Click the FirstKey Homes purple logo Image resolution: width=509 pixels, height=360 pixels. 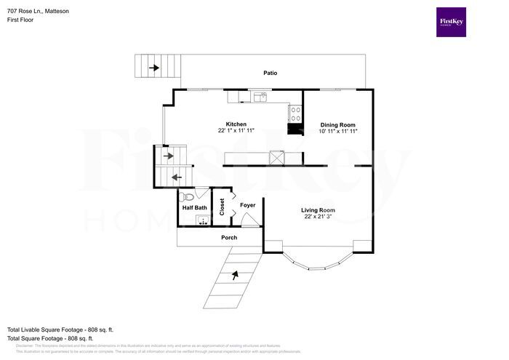(452, 23)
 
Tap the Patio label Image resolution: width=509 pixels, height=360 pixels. (270, 73)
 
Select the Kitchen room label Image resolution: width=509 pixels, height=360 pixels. (236, 124)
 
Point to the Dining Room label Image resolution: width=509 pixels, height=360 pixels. (338, 124)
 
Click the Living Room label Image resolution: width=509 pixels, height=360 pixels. (318, 210)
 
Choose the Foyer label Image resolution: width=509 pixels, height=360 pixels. (248, 205)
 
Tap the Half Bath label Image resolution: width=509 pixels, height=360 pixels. (194, 208)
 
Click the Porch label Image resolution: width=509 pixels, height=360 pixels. (229, 237)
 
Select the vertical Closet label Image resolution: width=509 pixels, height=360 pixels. (222, 207)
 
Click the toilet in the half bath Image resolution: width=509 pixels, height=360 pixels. (187, 196)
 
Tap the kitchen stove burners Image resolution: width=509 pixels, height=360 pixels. (296, 113)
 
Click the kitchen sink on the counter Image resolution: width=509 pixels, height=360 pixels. (259, 96)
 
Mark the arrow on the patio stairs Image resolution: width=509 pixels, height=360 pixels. (155, 68)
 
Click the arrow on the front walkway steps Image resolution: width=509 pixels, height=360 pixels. (234, 276)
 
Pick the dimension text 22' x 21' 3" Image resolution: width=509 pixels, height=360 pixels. (318, 217)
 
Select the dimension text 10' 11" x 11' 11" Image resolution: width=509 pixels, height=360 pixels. (338, 131)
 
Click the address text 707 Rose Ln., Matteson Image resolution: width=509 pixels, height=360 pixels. (39, 9)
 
